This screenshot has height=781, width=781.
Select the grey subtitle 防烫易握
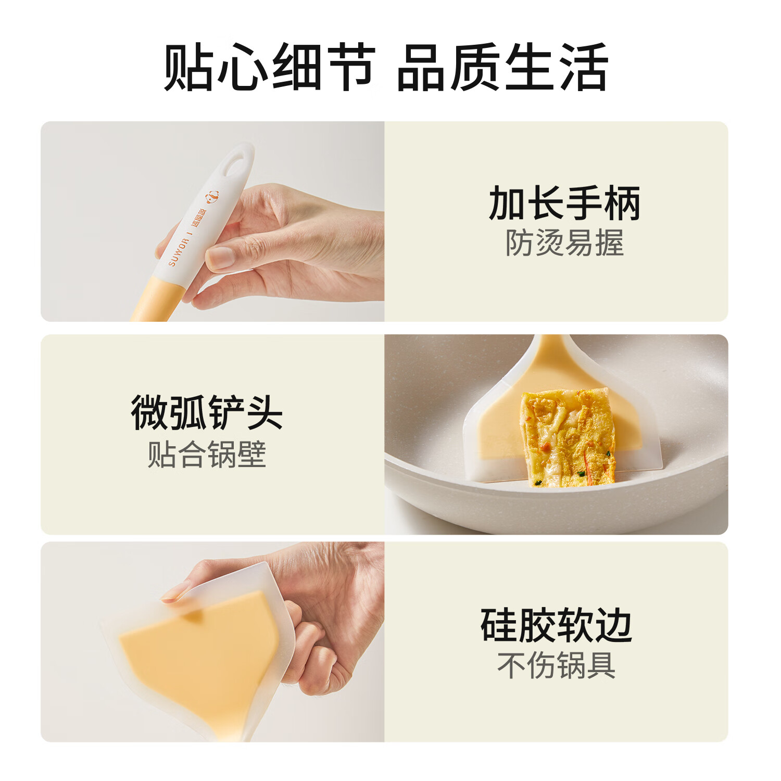(x=564, y=243)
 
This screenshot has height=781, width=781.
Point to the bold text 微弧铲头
(x=207, y=413)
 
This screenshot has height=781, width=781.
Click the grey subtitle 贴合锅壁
(x=207, y=455)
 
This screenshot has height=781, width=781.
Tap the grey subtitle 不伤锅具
(x=556, y=665)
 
